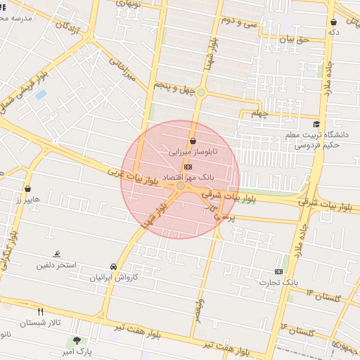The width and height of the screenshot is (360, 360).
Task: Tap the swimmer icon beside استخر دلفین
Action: [x=57, y=255]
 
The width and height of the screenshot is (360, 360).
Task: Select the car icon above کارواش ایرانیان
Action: [x=113, y=266]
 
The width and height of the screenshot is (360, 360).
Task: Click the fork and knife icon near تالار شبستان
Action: [x=40, y=311]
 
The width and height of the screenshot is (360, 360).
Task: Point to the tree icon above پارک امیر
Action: [x=77, y=340]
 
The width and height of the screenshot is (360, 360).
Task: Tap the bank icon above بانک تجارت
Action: [x=279, y=271]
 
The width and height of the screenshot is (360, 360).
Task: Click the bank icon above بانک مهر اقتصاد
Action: [x=188, y=167]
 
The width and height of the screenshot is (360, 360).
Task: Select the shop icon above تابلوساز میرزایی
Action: [x=192, y=141]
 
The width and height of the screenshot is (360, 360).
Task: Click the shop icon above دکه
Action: [x=333, y=22]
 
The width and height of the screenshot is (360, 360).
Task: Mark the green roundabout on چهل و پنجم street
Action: [x=201, y=93]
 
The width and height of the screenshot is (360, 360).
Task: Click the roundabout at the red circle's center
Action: [x=181, y=186]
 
